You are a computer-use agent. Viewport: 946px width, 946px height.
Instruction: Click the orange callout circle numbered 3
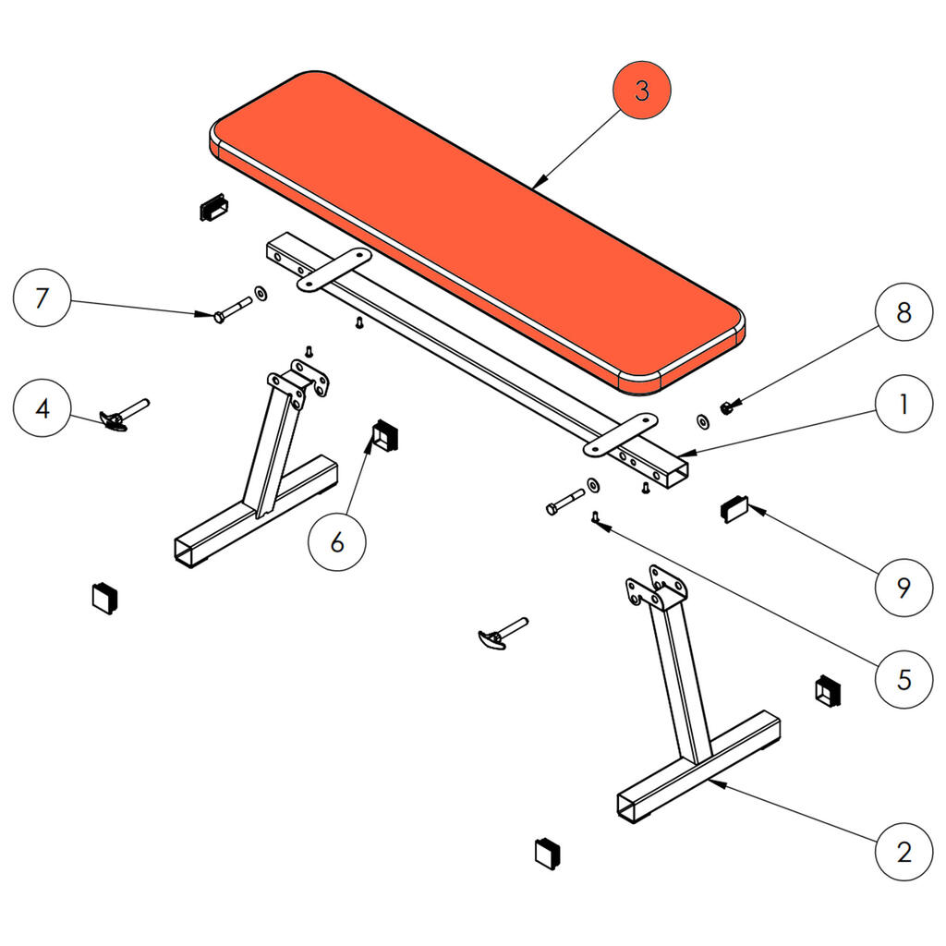642,90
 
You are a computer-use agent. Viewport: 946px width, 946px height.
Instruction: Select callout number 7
42,297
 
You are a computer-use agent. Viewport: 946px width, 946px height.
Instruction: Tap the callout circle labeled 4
42,407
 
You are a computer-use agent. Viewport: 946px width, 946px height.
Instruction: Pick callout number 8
904,312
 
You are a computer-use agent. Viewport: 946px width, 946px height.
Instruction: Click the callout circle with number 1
904,404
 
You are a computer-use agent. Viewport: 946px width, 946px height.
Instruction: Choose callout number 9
904,587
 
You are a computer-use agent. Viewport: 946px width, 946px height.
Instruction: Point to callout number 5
904,679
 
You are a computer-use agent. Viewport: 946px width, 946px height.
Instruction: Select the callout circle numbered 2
904,851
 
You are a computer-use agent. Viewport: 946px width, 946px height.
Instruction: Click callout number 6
337,541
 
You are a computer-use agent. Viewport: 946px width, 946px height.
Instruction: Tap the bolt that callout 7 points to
232,309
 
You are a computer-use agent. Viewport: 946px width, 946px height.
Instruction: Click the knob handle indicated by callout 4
124,415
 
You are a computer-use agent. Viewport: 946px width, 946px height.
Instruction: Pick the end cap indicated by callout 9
734,509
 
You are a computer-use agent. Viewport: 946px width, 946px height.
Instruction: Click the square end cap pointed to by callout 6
385,436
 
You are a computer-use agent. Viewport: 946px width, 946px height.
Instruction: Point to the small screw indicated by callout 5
596,517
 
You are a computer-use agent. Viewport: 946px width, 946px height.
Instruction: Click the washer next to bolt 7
261,294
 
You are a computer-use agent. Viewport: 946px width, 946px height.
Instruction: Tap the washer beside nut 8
703,421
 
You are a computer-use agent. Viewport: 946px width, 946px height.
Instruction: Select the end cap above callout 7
213,207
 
